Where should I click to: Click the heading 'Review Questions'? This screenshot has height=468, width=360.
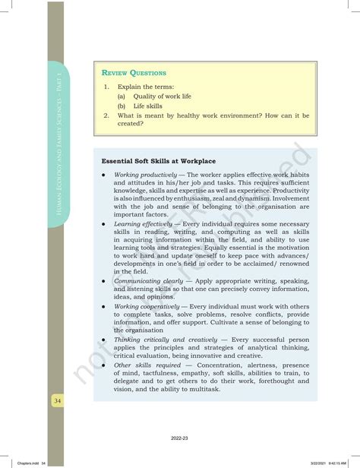(x=134, y=73)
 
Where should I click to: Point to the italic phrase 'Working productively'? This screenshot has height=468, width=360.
(x=145, y=174)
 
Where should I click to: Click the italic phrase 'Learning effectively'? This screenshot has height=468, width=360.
(x=144, y=224)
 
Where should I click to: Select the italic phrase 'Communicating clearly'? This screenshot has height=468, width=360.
(x=147, y=280)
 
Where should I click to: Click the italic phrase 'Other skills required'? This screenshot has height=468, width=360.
(x=144, y=365)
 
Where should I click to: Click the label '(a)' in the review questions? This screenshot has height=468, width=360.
(x=122, y=96)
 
